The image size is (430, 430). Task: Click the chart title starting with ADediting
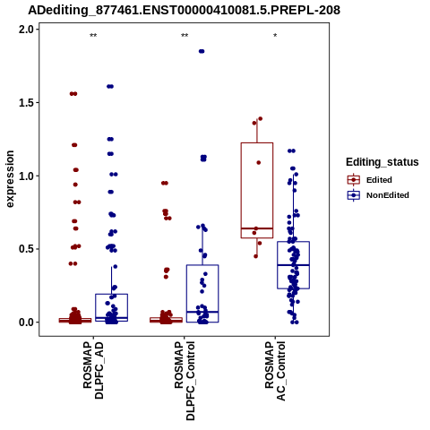[184, 10]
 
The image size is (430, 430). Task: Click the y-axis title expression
[10, 179]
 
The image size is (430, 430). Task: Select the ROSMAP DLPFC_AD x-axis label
[93, 370]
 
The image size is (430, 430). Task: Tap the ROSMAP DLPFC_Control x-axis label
[185, 381]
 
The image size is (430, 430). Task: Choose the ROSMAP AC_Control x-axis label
[275, 371]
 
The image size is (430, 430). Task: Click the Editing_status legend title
[383, 162]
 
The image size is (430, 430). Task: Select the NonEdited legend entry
[378, 195]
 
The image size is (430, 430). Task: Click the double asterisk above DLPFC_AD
[93, 36]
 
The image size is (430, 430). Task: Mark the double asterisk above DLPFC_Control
[185, 36]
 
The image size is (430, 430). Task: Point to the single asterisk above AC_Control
[275, 36]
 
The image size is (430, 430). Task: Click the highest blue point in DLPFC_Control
[202, 51]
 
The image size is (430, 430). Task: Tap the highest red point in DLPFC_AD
[73, 94]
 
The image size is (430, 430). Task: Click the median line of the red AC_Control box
[257, 228]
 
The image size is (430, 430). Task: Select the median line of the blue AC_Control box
[293, 265]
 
